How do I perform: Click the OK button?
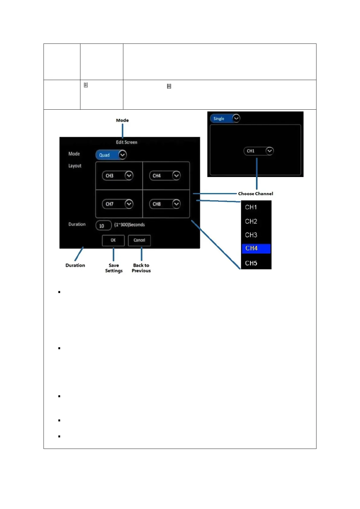[x=113, y=240]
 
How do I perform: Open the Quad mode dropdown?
[x=111, y=155]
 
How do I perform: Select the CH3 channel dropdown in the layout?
[x=118, y=176]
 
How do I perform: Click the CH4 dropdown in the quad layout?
[x=165, y=176]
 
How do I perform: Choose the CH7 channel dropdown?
[x=118, y=204]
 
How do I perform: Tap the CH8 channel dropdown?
[x=165, y=204]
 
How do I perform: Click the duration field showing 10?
[x=103, y=226]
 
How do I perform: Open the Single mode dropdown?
[x=225, y=118]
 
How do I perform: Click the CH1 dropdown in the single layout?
[x=258, y=151]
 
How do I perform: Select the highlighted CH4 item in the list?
[x=256, y=249]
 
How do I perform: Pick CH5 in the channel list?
[x=251, y=263]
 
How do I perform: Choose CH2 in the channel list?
[x=251, y=221]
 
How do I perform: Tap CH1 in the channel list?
[x=251, y=207]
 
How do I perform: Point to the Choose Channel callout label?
[x=255, y=194]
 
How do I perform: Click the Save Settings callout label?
[x=114, y=268]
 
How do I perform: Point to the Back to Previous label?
[x=141, y=268]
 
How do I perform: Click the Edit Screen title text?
[x=127, y=142]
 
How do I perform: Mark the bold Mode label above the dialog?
[x=122, y=120]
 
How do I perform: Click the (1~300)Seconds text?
[x=129, y=225]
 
